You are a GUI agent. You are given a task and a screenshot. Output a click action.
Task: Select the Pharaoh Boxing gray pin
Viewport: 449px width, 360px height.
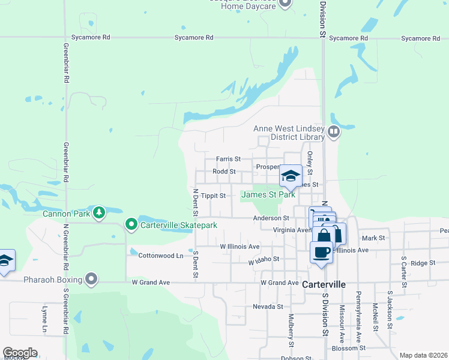91,279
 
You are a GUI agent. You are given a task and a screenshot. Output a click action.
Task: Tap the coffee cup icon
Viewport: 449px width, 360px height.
321,251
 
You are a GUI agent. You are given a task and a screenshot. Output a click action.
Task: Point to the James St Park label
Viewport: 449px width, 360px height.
268,194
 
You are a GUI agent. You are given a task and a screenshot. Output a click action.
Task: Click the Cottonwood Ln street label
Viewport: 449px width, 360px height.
161,256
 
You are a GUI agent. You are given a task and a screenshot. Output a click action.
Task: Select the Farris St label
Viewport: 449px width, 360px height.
229,159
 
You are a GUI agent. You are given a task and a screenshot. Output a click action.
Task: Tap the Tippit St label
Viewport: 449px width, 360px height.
214,196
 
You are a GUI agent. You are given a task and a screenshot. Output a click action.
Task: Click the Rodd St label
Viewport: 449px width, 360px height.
224,172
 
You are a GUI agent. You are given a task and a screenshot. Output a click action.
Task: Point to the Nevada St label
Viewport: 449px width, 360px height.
268,307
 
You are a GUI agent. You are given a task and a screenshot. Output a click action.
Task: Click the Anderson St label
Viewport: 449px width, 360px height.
271,218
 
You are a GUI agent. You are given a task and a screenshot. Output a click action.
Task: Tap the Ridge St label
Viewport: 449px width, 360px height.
423,263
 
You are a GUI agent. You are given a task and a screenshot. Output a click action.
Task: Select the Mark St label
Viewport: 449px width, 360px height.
373,238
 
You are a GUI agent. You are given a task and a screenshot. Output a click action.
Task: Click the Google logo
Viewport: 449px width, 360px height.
20,353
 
